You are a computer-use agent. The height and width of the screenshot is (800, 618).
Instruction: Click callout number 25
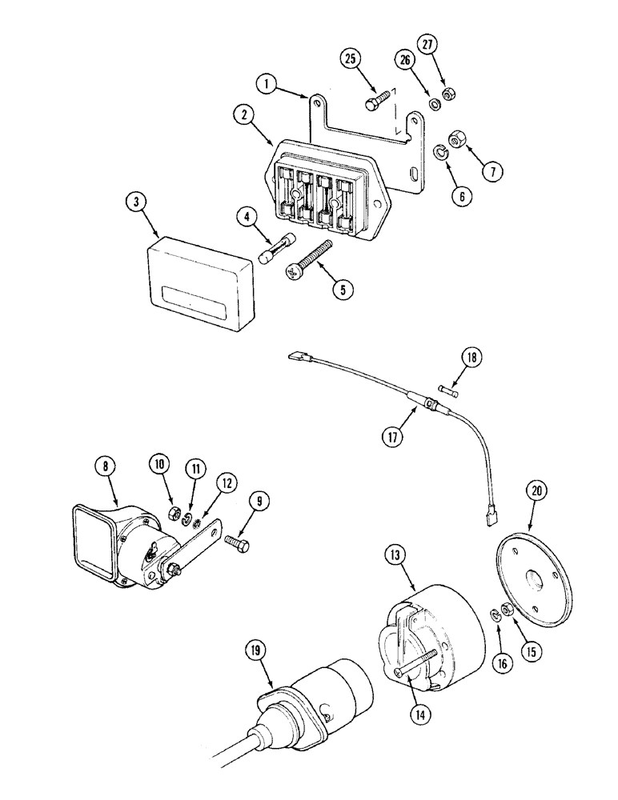tap(349, 59)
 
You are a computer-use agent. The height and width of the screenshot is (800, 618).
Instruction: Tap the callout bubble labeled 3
tap(138, 203)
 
